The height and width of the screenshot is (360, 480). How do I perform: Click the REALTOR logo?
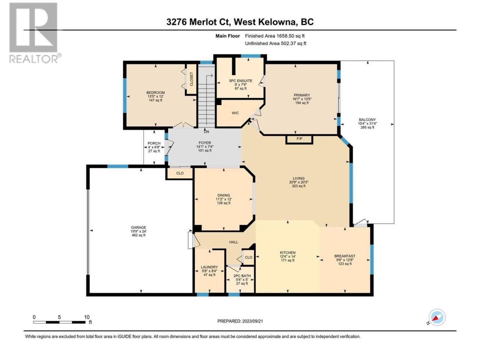[35, 33]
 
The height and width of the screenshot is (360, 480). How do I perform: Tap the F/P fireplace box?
[299, 139]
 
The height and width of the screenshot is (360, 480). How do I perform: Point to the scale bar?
[59, 322]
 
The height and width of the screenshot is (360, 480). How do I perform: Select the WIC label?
[235, 113]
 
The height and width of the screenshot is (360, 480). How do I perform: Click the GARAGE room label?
[138, 227]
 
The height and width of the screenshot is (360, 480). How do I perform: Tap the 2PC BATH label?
[242, 276]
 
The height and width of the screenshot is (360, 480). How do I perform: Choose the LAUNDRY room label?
[209, 267]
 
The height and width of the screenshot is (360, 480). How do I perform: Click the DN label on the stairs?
[206, 132]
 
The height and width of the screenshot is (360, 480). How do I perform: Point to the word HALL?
[234, 242]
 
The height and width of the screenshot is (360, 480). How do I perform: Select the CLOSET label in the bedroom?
[192, 79]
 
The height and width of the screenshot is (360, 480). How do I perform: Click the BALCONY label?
[367, 120]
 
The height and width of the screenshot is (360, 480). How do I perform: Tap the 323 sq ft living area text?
[298, 186]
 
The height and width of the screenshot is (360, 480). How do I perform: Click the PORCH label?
[154, 143]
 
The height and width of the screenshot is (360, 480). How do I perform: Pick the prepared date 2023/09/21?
[252, 321]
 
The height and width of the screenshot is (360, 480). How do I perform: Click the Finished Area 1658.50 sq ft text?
[274, 36]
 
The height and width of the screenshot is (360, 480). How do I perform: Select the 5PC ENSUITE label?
[240, 81]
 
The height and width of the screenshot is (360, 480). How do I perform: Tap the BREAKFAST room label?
[345, 256]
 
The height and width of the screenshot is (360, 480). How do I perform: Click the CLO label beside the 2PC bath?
[248, 257]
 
